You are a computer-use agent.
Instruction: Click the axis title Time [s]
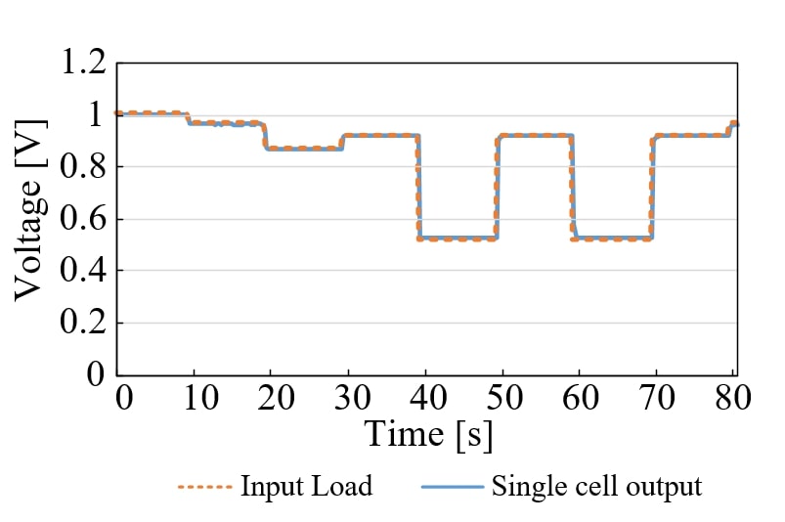pos(429,434)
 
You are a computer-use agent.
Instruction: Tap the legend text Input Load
pos(306,486)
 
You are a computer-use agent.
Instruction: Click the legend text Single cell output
pos(597,486)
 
